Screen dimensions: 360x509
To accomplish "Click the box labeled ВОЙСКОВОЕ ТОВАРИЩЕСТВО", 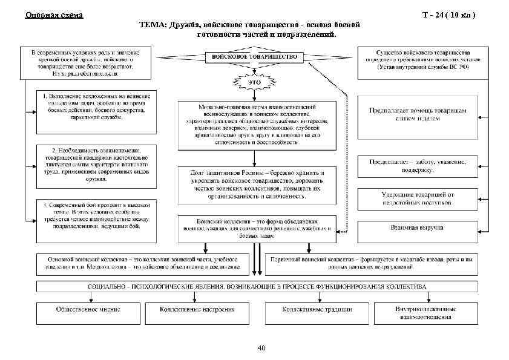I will coord(254,57).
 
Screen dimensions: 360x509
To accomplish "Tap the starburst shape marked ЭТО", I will coord(255,82).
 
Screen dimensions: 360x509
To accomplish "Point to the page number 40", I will coord(261,347).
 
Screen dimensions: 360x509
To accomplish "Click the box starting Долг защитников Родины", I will coord(254,184).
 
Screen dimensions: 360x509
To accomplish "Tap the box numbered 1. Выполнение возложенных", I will coord(95,112).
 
